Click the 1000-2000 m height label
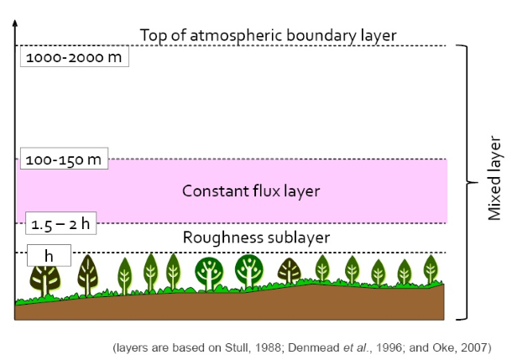click(75, 57)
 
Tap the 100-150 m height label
click(64, 159)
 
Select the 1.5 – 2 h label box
click(60, 223)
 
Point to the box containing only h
click(49, 255)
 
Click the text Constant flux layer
click(251, 191)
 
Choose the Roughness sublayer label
click(256, 237)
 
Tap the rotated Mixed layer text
click(494, 178)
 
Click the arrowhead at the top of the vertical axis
click(15, 23)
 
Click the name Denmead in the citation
click(314, 347)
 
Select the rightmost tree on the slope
click(431, 269)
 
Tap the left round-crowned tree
click(209, 274)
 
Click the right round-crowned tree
click(248, 271)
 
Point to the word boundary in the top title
click(321, 35)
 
